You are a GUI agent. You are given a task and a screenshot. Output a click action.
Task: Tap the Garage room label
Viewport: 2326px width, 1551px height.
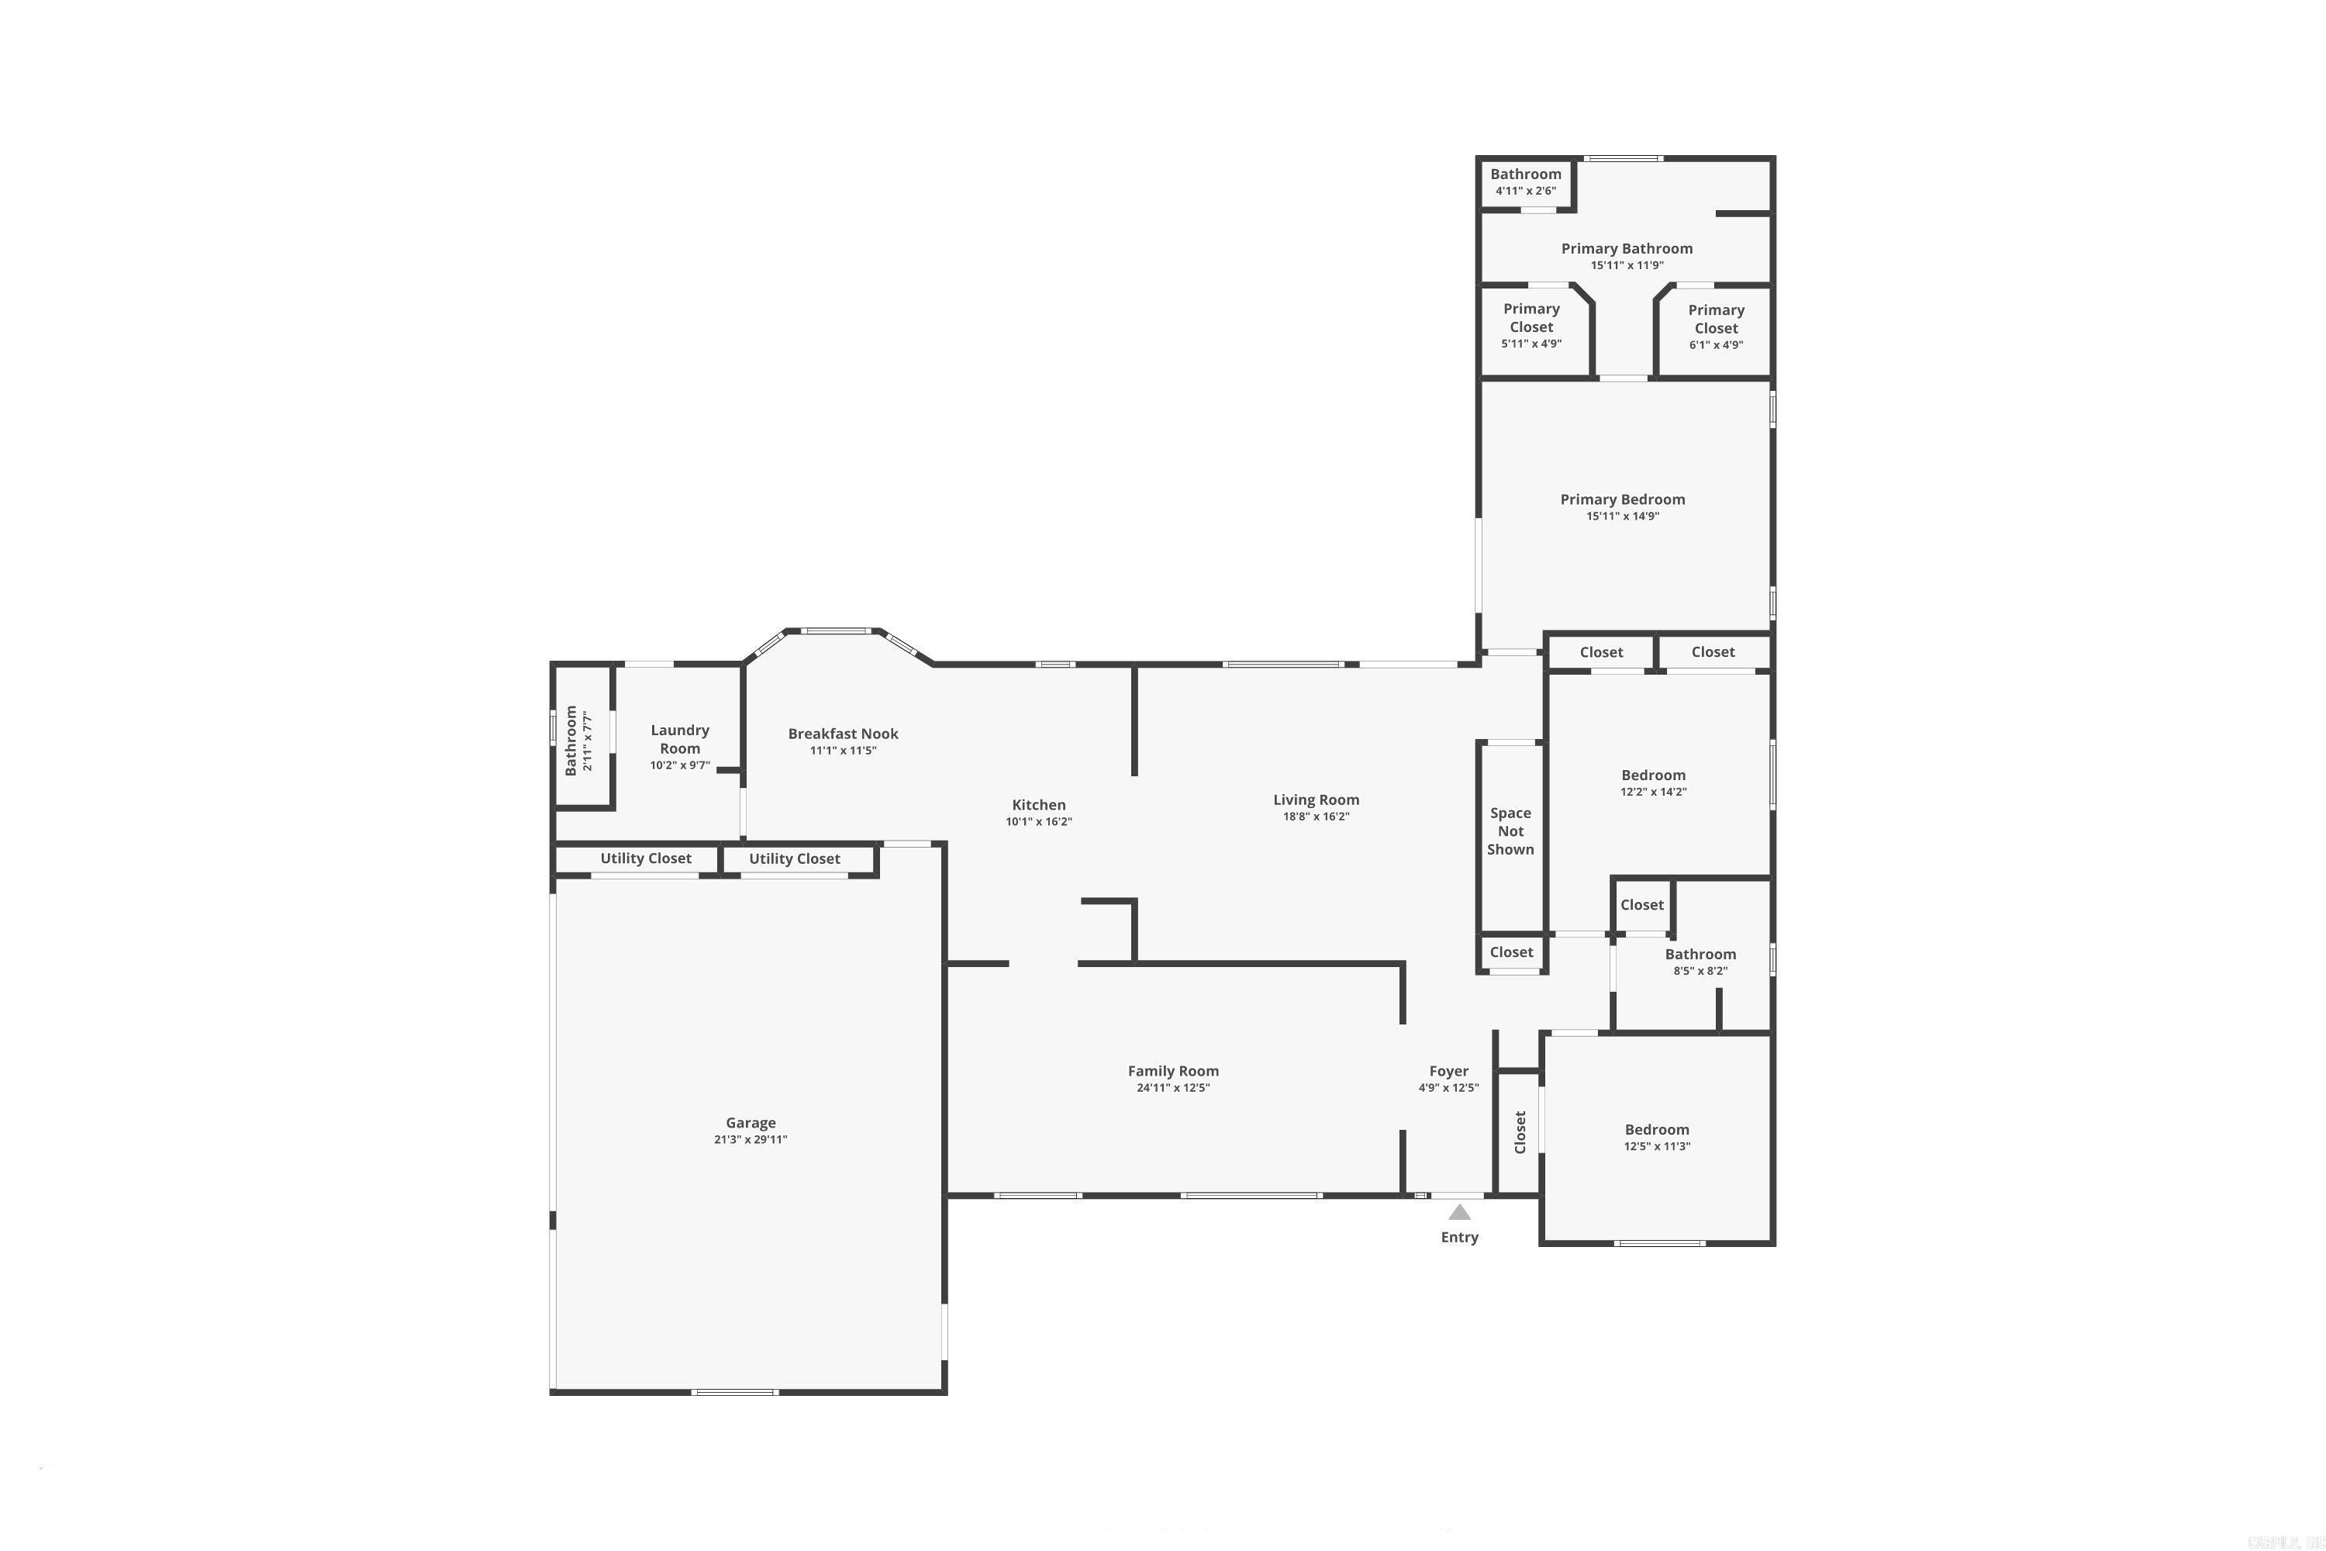point(751,1123)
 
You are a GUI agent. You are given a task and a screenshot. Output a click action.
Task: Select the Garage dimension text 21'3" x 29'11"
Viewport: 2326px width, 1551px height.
point(751,1139)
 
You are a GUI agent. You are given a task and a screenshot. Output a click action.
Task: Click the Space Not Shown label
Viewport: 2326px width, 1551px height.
point(1510,831)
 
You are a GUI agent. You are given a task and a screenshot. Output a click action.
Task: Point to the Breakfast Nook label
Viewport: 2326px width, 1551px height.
point(843,734)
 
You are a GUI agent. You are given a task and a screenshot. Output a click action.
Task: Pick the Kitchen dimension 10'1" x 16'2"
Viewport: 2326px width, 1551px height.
point(1038,822)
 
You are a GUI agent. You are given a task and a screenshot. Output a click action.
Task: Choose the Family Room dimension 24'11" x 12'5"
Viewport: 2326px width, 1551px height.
point(1173,1088)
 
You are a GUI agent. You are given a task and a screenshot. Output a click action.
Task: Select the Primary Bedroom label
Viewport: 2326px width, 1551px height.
point(1622,499)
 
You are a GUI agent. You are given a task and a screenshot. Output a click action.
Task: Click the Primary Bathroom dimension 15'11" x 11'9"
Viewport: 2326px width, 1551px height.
point(1627,265)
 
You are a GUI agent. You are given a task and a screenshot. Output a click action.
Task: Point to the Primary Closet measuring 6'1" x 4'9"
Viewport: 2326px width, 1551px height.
point(1716,326)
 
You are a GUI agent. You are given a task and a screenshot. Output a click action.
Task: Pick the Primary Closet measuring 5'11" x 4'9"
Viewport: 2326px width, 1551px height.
point(1531,326)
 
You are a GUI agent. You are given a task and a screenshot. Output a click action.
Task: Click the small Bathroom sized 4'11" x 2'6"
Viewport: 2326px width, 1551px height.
point(1525,181)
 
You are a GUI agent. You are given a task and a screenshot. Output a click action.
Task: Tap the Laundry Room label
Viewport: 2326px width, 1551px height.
point(679,739)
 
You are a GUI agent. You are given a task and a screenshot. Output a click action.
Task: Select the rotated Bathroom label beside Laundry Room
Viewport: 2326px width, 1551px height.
point(571,740)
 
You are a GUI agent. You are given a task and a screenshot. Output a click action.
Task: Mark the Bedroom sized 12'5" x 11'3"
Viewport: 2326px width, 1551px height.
point(1656,1137)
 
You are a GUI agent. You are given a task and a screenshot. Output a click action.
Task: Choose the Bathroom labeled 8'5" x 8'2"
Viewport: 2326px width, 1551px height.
point(1700,962)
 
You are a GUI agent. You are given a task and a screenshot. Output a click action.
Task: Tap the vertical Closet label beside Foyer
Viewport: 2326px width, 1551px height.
point(1520,1131)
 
